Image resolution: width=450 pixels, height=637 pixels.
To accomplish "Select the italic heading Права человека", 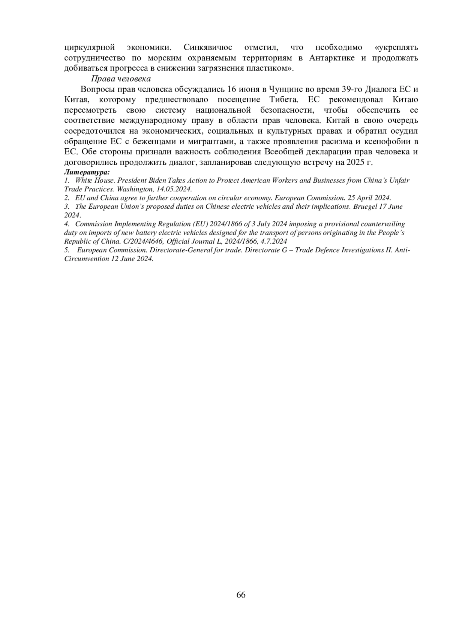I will [121, 78].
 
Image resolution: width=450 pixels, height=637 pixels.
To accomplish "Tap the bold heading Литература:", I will [87, 172].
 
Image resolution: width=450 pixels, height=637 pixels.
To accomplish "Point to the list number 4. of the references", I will [66, 224].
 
